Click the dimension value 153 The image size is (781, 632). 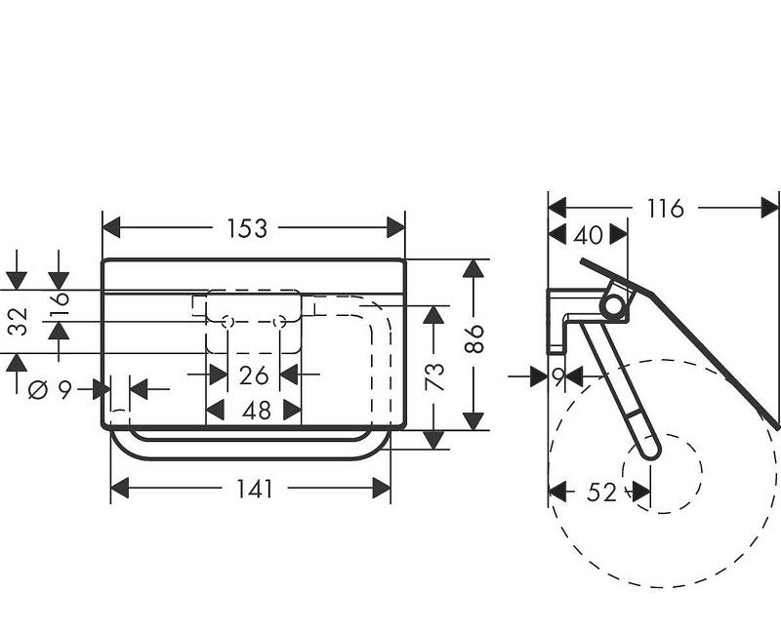click(x=247, y=228)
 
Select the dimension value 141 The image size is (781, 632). click(x=255, y=490)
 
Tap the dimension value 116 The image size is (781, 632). click(x=664, y=208)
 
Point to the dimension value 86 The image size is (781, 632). click(x=473, y=339)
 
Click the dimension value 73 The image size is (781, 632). click(x=434, y=376)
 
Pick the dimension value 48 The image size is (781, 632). click(x=256, y=411)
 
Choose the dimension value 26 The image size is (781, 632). click(x=254, y=374)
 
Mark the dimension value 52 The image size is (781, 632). click(x=602, y=493)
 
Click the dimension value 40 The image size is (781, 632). click(x=588, y=235)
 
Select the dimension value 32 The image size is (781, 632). click(x=17, y=321)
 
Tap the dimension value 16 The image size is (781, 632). click(x=59, y=299)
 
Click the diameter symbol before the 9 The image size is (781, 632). click(x=38, y=390)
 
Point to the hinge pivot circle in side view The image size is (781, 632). click(x=613, y=306)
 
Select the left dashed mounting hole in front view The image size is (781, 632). click(x=228, y=322)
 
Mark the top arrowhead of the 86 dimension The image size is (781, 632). click(x=473, y=267)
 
